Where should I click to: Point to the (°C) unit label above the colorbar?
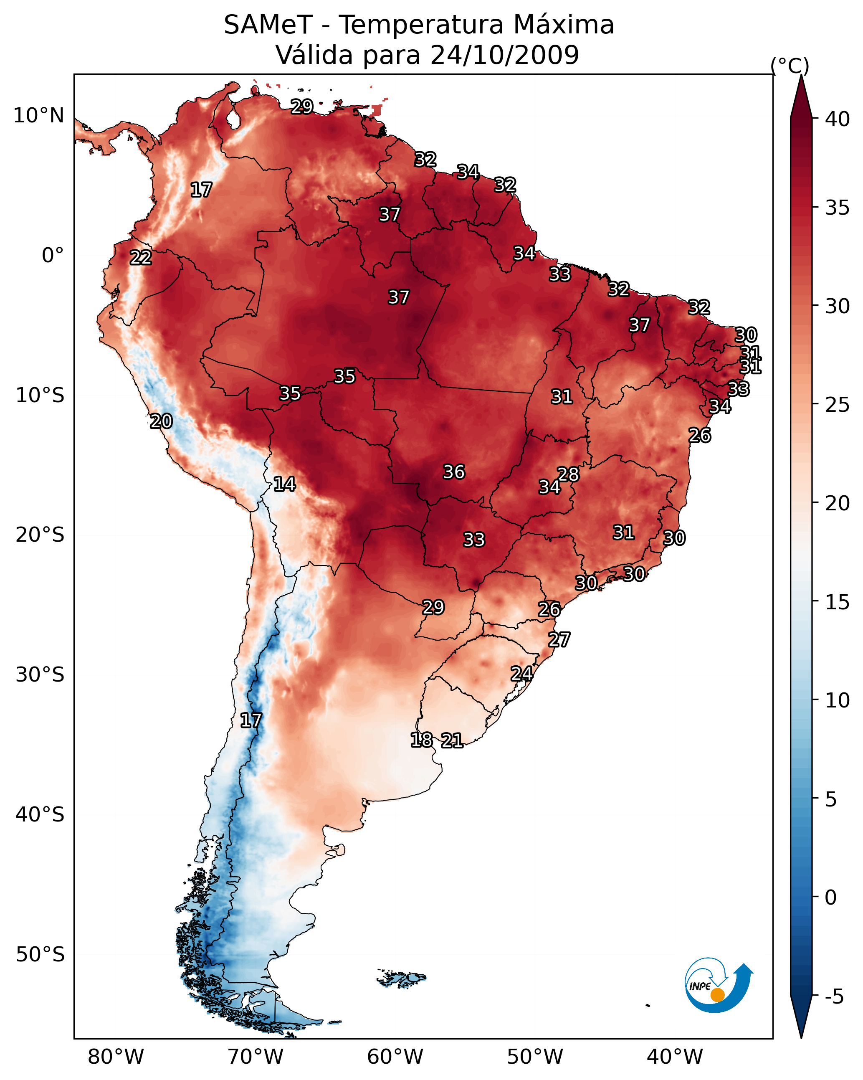[790, 66]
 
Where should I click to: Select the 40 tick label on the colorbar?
[838, 119]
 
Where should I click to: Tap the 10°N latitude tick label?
[38, 116]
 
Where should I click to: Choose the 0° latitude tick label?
[53, 256]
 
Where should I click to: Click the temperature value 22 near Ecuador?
[141, 258]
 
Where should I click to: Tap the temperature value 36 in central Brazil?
[454, 472]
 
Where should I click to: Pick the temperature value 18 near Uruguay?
[421, 739]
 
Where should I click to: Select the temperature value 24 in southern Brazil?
[521, 673]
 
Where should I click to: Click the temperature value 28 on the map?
[568, 474]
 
